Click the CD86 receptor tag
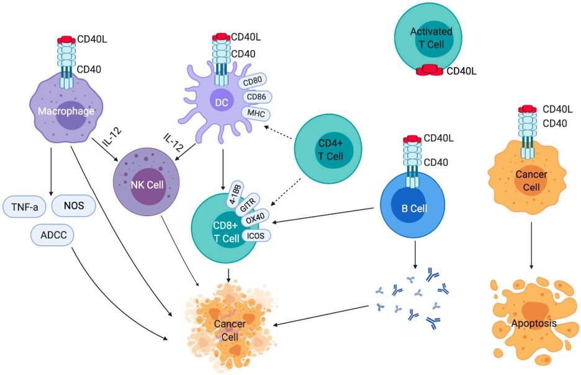tap(256, 97)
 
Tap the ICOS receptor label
tap(258, 235)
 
